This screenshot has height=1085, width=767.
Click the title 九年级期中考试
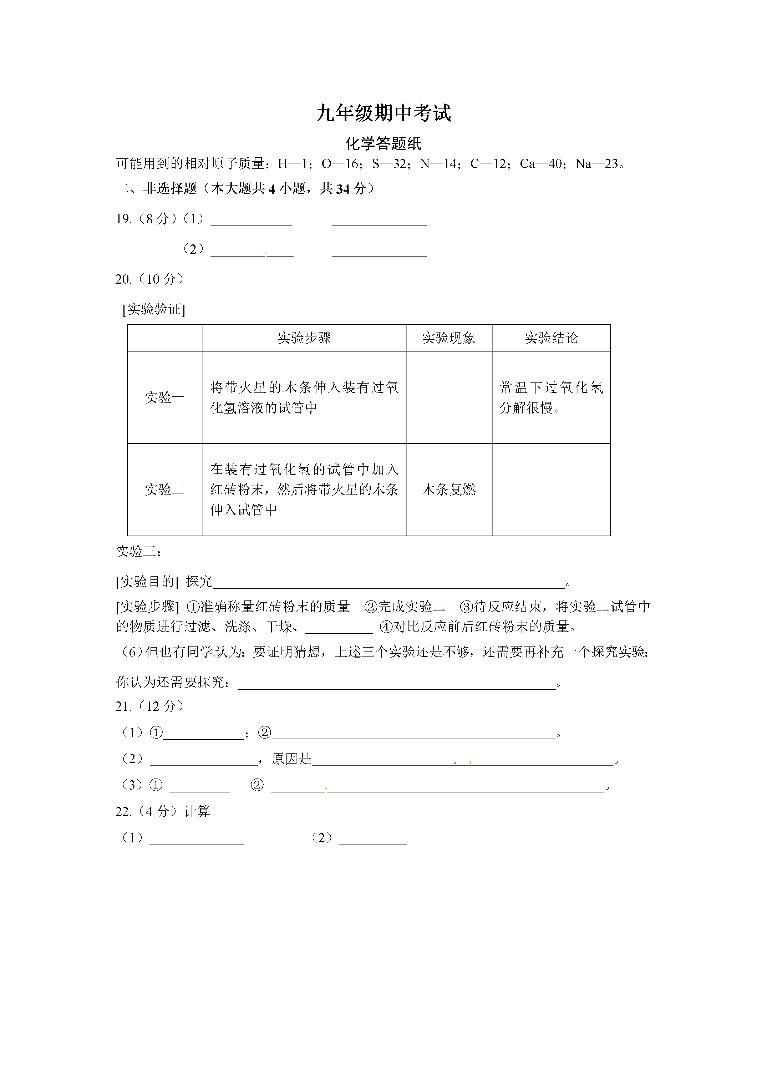[x=383, y=113]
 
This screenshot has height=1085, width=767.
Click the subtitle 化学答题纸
[x=383, y=144]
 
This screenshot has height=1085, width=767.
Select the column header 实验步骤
[x=304, y=338]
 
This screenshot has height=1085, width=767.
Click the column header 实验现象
[x=448, y=338]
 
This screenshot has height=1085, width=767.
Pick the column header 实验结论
[x=551, y=338]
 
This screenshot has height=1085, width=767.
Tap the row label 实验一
[x=164, y=397]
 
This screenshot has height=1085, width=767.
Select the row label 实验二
[x=164, y=489]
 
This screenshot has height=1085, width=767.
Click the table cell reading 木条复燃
[x=448, y=489]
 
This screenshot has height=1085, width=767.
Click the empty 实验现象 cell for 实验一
[x=448, y=397]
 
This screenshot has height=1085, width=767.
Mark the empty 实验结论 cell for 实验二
[x=551, y=489]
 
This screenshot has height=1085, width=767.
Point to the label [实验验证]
[x=154, y=310]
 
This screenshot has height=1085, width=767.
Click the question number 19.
[x=123, y=219]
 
